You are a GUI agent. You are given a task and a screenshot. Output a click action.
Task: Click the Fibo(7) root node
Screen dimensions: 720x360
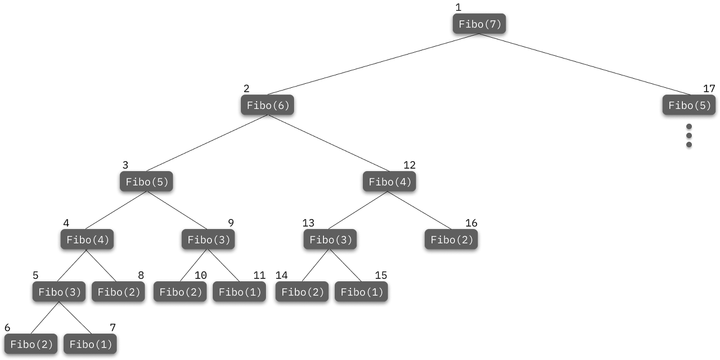[480, 24]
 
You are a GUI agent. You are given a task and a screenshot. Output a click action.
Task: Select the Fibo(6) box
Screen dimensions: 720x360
[268, 105]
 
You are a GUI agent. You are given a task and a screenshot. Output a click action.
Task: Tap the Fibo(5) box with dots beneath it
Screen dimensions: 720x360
[690, 105]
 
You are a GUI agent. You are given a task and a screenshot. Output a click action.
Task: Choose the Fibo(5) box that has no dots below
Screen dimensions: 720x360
[147, 182]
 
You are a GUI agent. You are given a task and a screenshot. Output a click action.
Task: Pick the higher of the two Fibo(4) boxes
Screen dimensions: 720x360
[390, 182]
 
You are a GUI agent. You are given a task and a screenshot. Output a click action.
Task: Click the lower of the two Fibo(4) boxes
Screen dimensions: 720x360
[88, 240]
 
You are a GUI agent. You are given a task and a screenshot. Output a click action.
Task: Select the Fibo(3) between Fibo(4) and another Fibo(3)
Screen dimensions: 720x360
[208, 240]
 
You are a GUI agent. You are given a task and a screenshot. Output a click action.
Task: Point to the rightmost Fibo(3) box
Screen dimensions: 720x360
[330, 240]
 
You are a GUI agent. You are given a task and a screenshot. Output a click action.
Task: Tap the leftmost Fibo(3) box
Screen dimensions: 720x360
[59, 292]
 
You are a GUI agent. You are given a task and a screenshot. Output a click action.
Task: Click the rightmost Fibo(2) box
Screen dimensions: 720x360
[452, 240]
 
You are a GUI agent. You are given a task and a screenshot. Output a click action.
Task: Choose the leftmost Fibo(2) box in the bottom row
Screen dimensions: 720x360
[31, 344]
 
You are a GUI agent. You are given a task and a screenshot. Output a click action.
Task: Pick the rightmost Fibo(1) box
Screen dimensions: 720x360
[362, 292]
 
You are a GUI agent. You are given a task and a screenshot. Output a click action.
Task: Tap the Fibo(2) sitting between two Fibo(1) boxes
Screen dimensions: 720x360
[302, 292]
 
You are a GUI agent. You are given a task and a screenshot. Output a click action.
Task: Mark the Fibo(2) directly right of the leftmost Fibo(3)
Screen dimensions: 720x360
[119, 292]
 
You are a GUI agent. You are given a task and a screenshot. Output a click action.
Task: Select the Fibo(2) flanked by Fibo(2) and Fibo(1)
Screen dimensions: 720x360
[181, 292]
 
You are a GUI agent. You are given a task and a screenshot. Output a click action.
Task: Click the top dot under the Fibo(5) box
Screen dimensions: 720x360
[689, 127]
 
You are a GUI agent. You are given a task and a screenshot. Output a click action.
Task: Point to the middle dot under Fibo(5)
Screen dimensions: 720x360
[689, 136]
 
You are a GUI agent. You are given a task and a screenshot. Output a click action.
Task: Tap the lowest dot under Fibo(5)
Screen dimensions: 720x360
[689, 145]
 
